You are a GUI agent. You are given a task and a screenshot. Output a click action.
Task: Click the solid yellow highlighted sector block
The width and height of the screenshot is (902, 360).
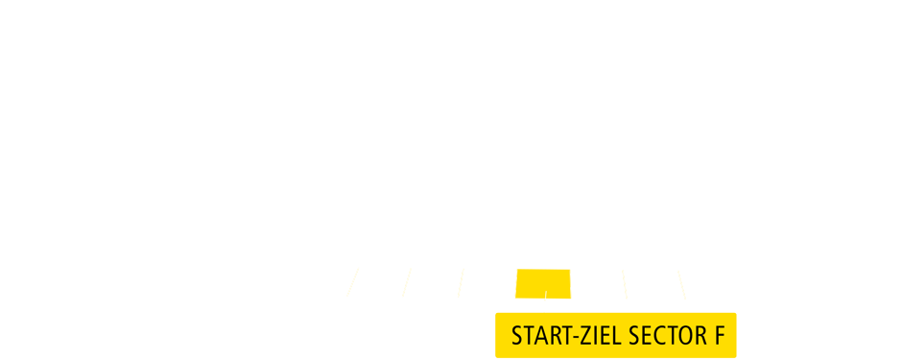[543, 284]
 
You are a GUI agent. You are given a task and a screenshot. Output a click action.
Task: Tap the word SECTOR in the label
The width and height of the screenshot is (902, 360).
[664, 337]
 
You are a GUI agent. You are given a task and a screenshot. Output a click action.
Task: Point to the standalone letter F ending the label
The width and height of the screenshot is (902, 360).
[719, 337]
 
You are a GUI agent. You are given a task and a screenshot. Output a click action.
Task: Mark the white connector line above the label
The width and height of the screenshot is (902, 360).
[545, 305]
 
